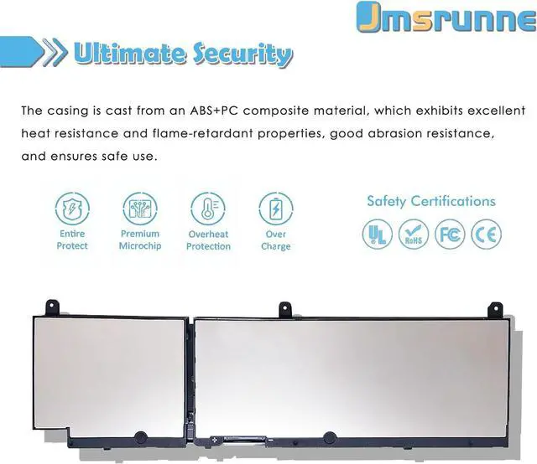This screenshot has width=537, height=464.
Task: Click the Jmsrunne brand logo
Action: [x=446, y=18]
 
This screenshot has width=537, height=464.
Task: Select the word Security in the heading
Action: [x=241, y=55]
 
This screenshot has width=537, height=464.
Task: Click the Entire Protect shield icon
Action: [x=72, y=209]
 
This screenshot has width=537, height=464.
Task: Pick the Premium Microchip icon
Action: [x=139, y=209]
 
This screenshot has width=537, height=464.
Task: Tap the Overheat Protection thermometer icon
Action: [x=207, y=209]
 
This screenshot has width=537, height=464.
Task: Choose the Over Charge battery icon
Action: [x=275, y=209]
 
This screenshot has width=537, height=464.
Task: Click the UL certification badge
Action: [x=377, y=234]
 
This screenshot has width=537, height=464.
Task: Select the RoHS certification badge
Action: [x=413, y=234]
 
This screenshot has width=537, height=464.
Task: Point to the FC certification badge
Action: [x=449, y=234]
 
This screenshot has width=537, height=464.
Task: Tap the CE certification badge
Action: [x=486, y=234]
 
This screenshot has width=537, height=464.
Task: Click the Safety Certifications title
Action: [x=430, y=201]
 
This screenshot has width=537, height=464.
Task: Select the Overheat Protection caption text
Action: [x=208, y=240]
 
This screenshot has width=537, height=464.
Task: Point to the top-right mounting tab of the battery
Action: [x=495, y=309]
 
